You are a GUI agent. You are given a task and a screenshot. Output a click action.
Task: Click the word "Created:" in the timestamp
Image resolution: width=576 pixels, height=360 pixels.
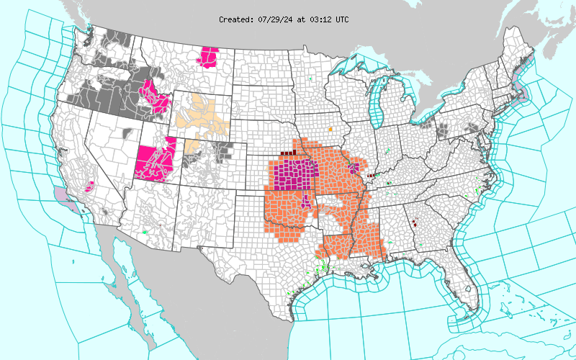236,19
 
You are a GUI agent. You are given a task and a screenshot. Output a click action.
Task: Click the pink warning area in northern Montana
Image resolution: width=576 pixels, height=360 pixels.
210,56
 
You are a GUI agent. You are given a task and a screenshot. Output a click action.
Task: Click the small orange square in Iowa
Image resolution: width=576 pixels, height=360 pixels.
330,130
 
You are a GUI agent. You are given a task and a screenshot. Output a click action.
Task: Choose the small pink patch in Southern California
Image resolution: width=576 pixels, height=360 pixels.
90,187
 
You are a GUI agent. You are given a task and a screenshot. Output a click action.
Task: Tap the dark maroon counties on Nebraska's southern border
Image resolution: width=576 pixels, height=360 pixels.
288,153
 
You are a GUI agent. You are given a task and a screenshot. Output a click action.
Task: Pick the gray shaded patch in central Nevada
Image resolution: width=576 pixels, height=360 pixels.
130,132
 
